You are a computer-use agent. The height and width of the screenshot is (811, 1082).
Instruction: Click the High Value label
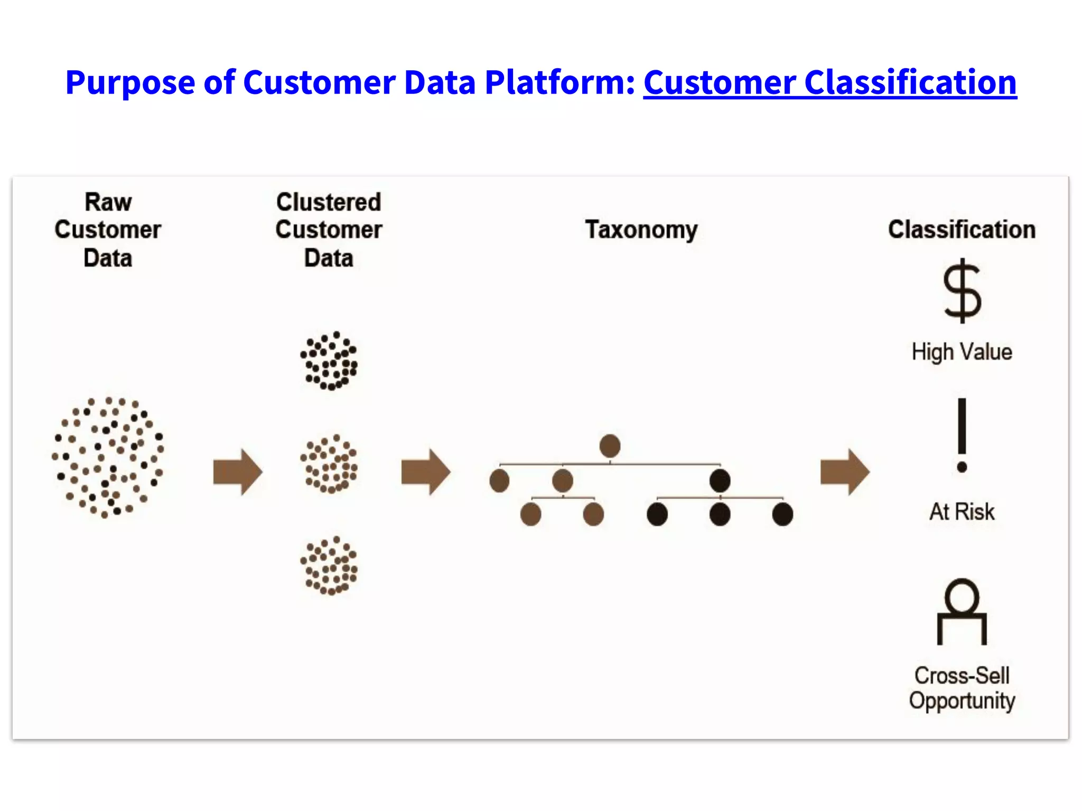pyautogui.click(x=962, y=352)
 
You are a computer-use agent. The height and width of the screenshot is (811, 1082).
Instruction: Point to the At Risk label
pyautogui.click(x=962, y=511)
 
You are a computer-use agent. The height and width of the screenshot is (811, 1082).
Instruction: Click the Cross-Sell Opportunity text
pyautogui.click(x=962, y=688)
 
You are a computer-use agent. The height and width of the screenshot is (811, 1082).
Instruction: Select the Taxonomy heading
pyautogui.click(x=641, y=230)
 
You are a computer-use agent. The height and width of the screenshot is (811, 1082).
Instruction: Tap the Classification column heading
pyautogui.click(x=962, y=230)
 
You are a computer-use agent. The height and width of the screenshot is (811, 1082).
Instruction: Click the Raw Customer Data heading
pyautogui.click(x=108, y=230)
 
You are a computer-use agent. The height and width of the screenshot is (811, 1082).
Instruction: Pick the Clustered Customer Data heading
pyautogui.click(x=329, y=230)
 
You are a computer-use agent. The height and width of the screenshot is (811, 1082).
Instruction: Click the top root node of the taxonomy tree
pyautogui.click(x=610, y=446)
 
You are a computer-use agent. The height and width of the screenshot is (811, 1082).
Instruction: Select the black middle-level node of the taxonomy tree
pyautogui.click(x=720, y=480)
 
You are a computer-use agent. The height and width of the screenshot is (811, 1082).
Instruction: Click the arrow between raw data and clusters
pyautogui.click(x=237, y=471)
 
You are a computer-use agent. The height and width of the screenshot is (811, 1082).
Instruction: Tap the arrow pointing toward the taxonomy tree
pyautogui.click(x=425, y=471)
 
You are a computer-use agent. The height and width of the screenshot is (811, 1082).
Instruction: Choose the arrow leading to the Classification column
pyautogui.click(x=844, y=471)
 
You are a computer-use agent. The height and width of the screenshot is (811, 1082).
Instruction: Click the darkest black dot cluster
pyautogui.click(x=329, y=361)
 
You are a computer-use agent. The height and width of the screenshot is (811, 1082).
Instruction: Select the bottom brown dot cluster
pyautogui.click(x=329, y=566)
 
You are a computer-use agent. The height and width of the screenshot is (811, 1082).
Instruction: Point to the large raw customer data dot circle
pyautogui.click(x=108, y=457)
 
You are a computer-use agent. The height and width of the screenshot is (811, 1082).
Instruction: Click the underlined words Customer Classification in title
pyautogui.click(x=829, y=83)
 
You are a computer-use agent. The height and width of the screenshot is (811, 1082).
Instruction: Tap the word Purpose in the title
pyautogui.click(x=130, y=83)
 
